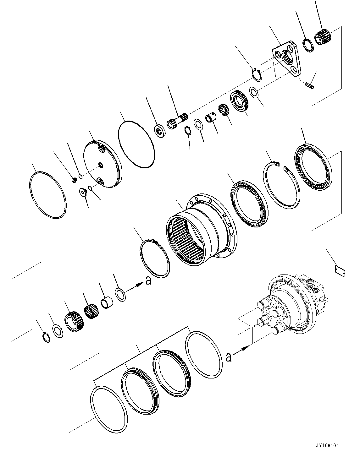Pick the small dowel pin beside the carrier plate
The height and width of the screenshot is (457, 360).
coord(309,85)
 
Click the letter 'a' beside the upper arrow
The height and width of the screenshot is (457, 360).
coord(148,280)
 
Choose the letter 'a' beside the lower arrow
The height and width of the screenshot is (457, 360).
coord(229,357)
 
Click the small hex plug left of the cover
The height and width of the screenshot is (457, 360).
coord(75,180)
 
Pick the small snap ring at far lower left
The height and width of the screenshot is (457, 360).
coord(46,337)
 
